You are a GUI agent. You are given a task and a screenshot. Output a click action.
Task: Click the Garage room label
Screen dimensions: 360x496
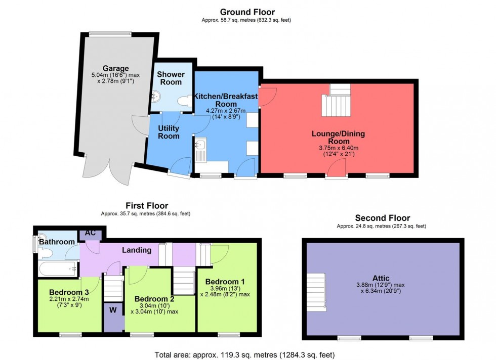tap(116, 68)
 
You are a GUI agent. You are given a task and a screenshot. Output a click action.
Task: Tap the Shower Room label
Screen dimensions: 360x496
tap(171, 78)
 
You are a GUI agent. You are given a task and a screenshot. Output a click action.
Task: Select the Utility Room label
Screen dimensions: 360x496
tap(169, 132)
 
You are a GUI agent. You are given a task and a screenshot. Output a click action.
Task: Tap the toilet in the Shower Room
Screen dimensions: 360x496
tap(184, 102)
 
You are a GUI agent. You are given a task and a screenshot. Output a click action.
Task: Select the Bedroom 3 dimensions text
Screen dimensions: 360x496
tap(69, 302)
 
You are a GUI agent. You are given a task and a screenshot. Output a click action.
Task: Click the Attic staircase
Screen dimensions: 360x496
tap(316, 292)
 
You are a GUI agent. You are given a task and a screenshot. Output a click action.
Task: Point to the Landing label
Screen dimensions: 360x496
tap(137, 250)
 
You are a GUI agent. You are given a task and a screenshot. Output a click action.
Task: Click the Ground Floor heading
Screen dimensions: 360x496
tap(247, 12)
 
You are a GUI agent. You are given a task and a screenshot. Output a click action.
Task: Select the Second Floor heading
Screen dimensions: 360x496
tap(382, 218)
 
